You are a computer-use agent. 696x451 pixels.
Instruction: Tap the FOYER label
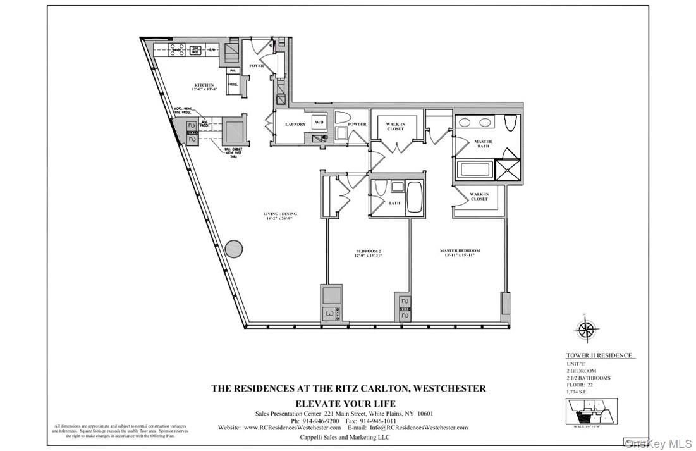click(256, 66)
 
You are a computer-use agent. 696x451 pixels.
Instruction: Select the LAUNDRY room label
click(295, 125)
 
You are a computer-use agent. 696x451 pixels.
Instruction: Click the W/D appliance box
click(317, 124)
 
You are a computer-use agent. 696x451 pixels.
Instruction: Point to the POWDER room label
click(357, 125)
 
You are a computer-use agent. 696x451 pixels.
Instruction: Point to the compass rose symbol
click(587, 329)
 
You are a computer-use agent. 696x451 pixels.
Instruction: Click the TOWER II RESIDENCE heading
click(598, 356)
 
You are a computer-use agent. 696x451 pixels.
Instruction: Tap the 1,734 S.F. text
click(580, 390)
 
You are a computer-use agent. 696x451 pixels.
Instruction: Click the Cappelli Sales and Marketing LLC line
click(348, 438)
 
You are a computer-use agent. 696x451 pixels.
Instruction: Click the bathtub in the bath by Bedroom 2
click(415, 197)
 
